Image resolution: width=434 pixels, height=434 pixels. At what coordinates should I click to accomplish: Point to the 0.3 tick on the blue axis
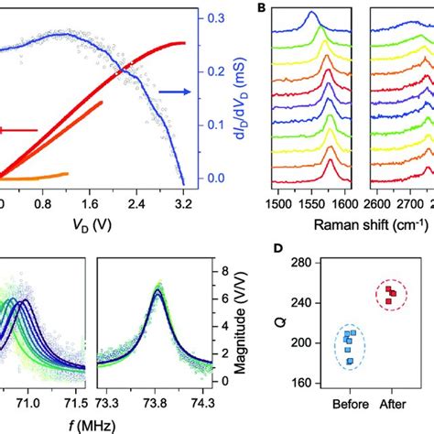212,18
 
